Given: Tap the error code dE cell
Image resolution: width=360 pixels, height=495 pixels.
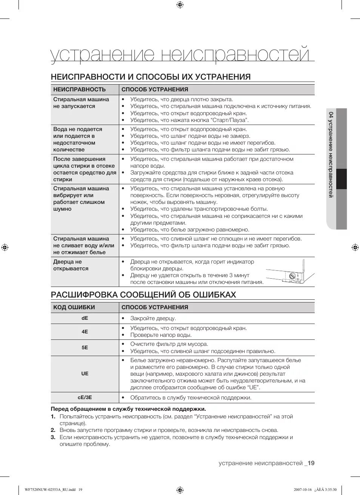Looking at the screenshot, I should coord(85,318).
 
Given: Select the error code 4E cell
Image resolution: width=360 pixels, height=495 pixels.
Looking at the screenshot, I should coord(85,332).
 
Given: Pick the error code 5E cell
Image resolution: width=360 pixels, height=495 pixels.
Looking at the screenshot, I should coord(85,348).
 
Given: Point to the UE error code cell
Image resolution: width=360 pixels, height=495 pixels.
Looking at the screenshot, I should coord(85,374).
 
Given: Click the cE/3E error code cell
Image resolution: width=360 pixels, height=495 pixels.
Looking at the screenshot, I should coord(85,398).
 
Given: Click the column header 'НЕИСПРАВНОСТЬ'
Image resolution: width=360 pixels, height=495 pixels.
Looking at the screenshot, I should coord(80,89).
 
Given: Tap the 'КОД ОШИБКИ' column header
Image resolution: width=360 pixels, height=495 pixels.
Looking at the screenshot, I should coord(74,307).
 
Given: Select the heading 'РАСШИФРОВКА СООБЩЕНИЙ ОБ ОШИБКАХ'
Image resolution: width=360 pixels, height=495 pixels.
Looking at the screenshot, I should coord(143,295).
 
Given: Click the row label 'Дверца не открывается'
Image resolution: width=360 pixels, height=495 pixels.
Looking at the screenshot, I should coord(71,265).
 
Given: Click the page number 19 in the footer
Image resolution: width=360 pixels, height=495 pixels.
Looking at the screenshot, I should coord(311,463).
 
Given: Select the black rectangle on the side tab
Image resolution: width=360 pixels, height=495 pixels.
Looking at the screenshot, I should coord(341,179).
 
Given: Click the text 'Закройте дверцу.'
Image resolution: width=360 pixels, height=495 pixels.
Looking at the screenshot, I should coord(153,318).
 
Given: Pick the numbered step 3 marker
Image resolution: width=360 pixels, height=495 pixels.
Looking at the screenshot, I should coord(53,437).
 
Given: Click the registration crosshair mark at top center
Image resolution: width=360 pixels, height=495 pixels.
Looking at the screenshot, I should coord(180,5).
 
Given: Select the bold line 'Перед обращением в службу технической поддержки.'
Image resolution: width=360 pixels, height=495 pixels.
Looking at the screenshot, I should coord(128,409).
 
